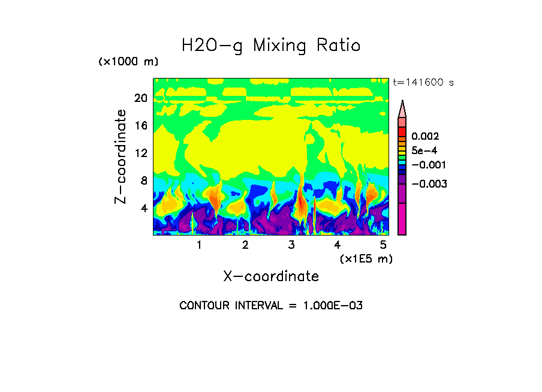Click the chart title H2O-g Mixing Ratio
[x=271, y=46]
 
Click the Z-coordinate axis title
[x=121, y=156]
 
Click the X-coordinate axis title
[x=271, y=276]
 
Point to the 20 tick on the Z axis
[x=140, y=98]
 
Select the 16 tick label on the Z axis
[x=140, y=126]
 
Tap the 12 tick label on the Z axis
[x=140, y=153]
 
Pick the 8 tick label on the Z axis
[x=143, y=180]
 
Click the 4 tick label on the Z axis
[x=143, y=208]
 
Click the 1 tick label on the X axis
[x=199, y=245]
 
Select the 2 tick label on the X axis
[x=245, y=245]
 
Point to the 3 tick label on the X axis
[x=291, y=245]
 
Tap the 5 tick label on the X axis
[x=383, y=245]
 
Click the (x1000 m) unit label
[x=128, y=62]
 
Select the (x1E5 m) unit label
[x=366, y=259]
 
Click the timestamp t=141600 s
[x=423, y=82]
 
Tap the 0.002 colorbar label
[x=425, y=137]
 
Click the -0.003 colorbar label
[x=429, y=184]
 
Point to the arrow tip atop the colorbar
[x=402, y=102]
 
